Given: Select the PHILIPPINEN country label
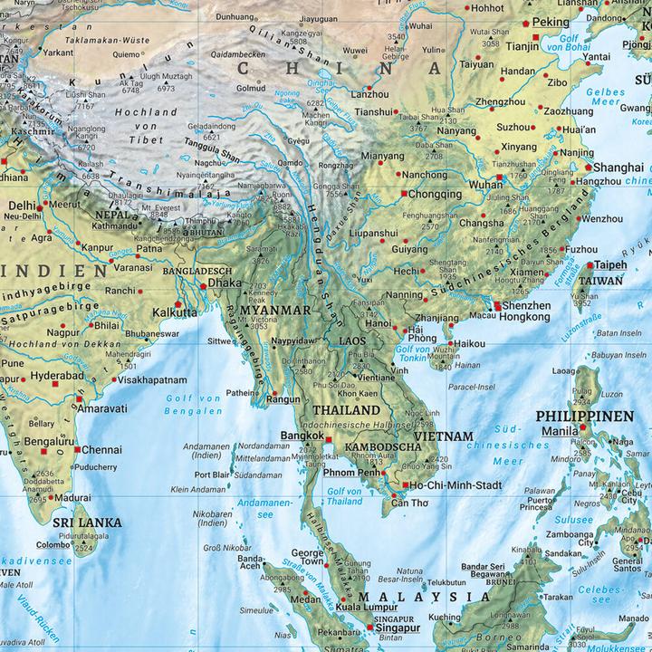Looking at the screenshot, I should (598, 416).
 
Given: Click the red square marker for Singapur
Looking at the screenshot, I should (369, 627).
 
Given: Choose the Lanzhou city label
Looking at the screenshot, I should (369, 93).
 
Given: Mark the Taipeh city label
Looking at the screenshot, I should (609, 265).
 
